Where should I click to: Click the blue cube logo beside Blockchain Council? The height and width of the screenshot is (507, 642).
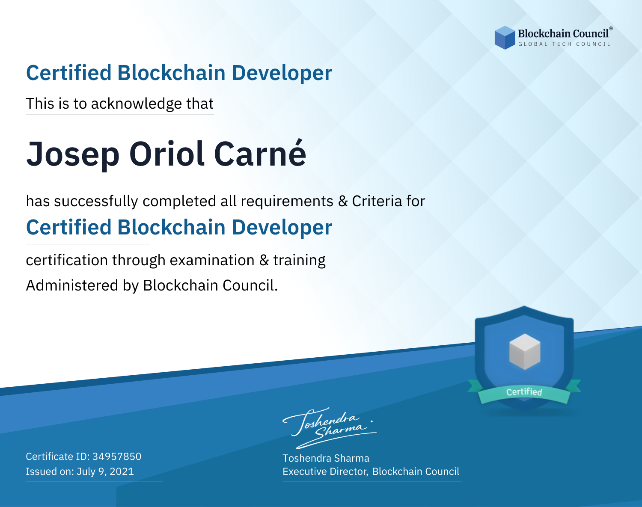click(505, 38)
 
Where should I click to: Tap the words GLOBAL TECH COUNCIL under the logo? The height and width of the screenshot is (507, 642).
click(565, 44)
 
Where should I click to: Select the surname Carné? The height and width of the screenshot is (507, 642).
click(260, 153)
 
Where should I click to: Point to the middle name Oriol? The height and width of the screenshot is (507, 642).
click(167, 153)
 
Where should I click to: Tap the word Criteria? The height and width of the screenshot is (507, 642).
click(377, 201)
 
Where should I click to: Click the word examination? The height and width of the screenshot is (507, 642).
click(212, 260)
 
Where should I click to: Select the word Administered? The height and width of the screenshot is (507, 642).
click(72, 285)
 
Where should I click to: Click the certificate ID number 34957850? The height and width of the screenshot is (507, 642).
click(117, 457)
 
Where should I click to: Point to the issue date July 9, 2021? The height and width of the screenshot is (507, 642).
click(105, 471)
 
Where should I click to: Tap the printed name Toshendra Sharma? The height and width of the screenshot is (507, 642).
click(326, 458)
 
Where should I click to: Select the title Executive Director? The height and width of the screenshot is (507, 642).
click(325, 471)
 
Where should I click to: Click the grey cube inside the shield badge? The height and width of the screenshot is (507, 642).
click(525, 352)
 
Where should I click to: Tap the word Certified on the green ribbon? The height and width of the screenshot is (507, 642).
click(524, 392)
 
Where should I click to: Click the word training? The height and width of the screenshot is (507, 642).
click(300, 261)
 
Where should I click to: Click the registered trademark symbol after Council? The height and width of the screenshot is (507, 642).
click(611, 29)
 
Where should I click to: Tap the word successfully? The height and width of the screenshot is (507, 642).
click(96, 202)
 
